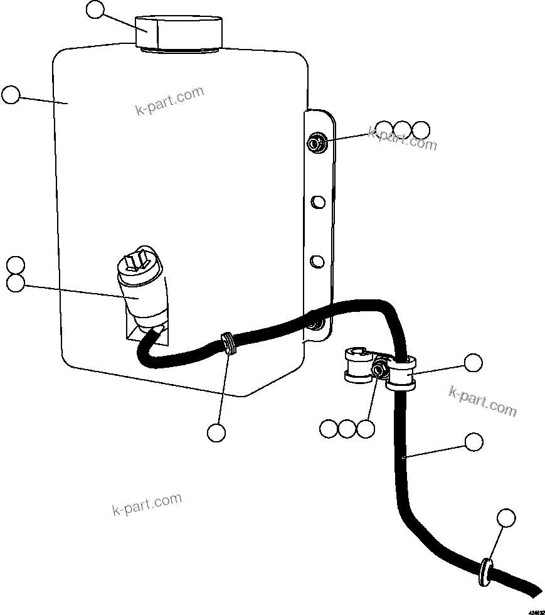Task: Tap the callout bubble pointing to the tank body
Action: (x=11, y=95)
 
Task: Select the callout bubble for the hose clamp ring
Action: (x=216, y=432)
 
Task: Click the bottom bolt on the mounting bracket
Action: (x=317, y=324)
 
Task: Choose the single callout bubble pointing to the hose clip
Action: (x=473, y=363)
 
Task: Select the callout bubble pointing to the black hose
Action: (x=474, y=442)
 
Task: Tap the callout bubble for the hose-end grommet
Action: (x=506, y=518)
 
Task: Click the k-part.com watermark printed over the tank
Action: (x=170, y=101)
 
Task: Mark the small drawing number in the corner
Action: (x=535, y=610)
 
